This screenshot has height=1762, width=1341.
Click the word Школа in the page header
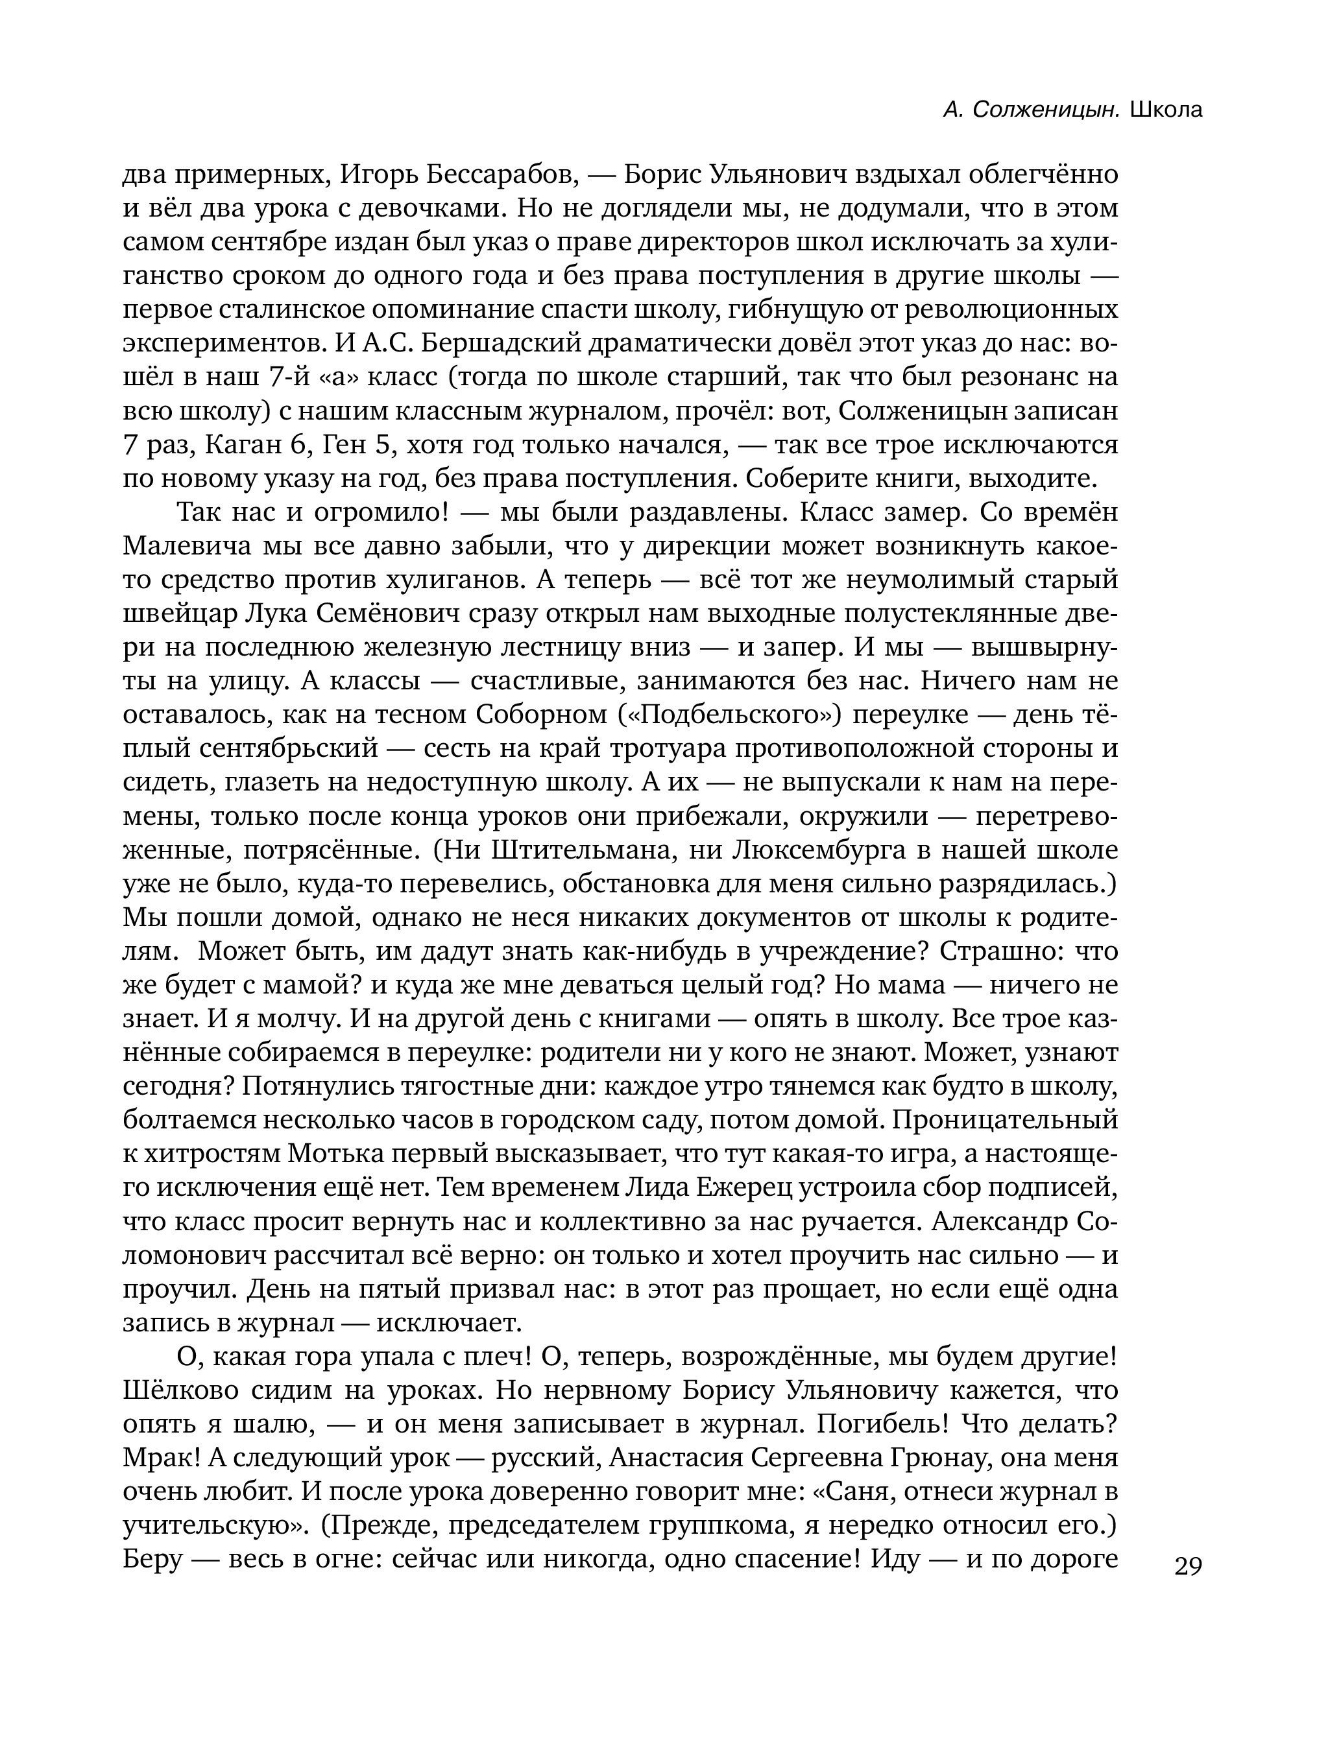(x=1166, y=110)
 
